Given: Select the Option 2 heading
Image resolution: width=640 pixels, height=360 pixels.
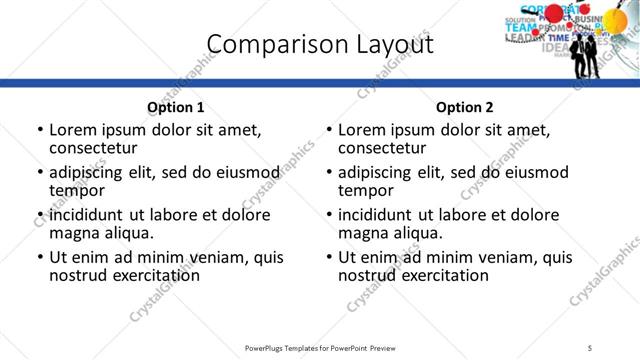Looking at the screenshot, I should [464, 107].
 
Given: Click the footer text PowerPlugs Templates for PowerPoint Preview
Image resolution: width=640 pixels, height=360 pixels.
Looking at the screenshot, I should [320, 348].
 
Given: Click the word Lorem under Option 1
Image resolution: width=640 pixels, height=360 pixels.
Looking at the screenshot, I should [72, 130].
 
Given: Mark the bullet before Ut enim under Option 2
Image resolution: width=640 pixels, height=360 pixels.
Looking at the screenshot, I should [329, 257].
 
